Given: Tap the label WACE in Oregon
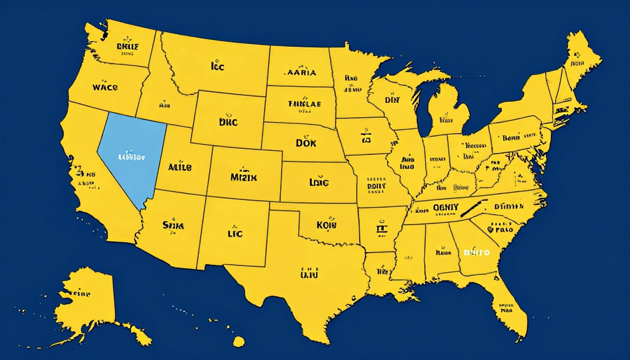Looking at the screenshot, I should (x=105, y=87).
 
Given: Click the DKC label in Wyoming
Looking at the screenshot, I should (x=228, y=122).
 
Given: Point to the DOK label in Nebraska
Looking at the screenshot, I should (x=306, y=143).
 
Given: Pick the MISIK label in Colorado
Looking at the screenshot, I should (x=244, y=178).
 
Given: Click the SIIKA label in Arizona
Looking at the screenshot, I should (x=173, y=225).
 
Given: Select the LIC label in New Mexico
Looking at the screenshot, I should (x=235, y=233).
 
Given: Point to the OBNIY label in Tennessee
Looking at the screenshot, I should (x=445, y=207).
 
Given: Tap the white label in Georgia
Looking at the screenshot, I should (x=476, y=252).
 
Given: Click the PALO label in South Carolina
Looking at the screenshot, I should (x=504, y=230).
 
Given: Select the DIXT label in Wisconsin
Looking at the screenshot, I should (x=392, y=100).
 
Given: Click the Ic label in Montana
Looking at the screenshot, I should (x=218, y=66).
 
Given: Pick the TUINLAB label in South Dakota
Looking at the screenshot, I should (x=304, y=104).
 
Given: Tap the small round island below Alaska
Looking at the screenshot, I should (x=239, y=340).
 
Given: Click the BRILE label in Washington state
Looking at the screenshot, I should (x=127, y=46).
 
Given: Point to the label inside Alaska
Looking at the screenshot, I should (x=79, y=294).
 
